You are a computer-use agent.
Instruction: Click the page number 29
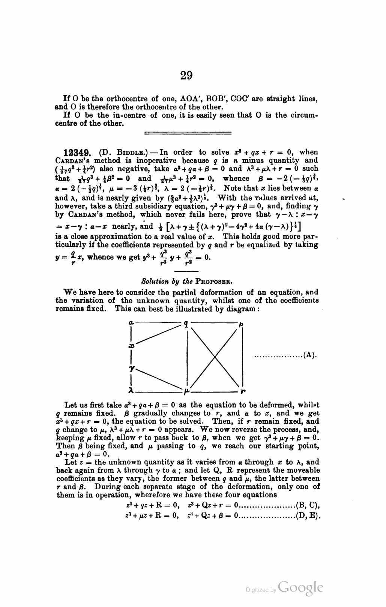coord(186,76)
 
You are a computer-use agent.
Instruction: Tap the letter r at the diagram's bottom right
coord(243,391)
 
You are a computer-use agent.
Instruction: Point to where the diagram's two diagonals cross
coord(215,357)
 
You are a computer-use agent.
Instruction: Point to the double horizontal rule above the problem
coord(188,132)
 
